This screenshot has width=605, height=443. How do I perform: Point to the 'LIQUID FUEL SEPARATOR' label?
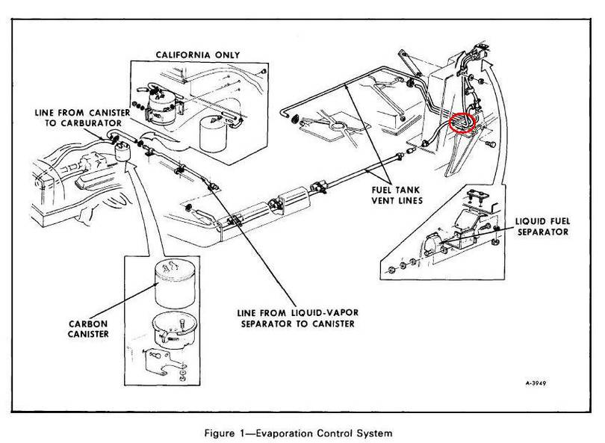[540, 227]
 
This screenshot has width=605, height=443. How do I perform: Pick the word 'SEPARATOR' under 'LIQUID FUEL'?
[540, 232]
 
